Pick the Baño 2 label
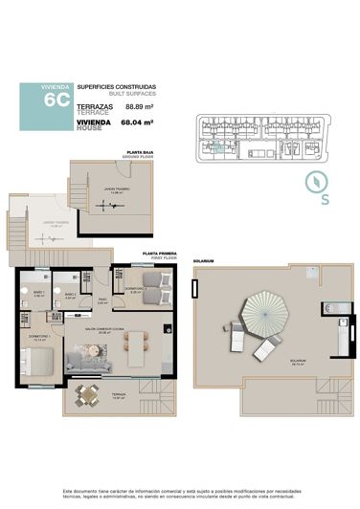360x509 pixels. (x=69, y=293)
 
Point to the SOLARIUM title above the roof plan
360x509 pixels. (x=202, y=260)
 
